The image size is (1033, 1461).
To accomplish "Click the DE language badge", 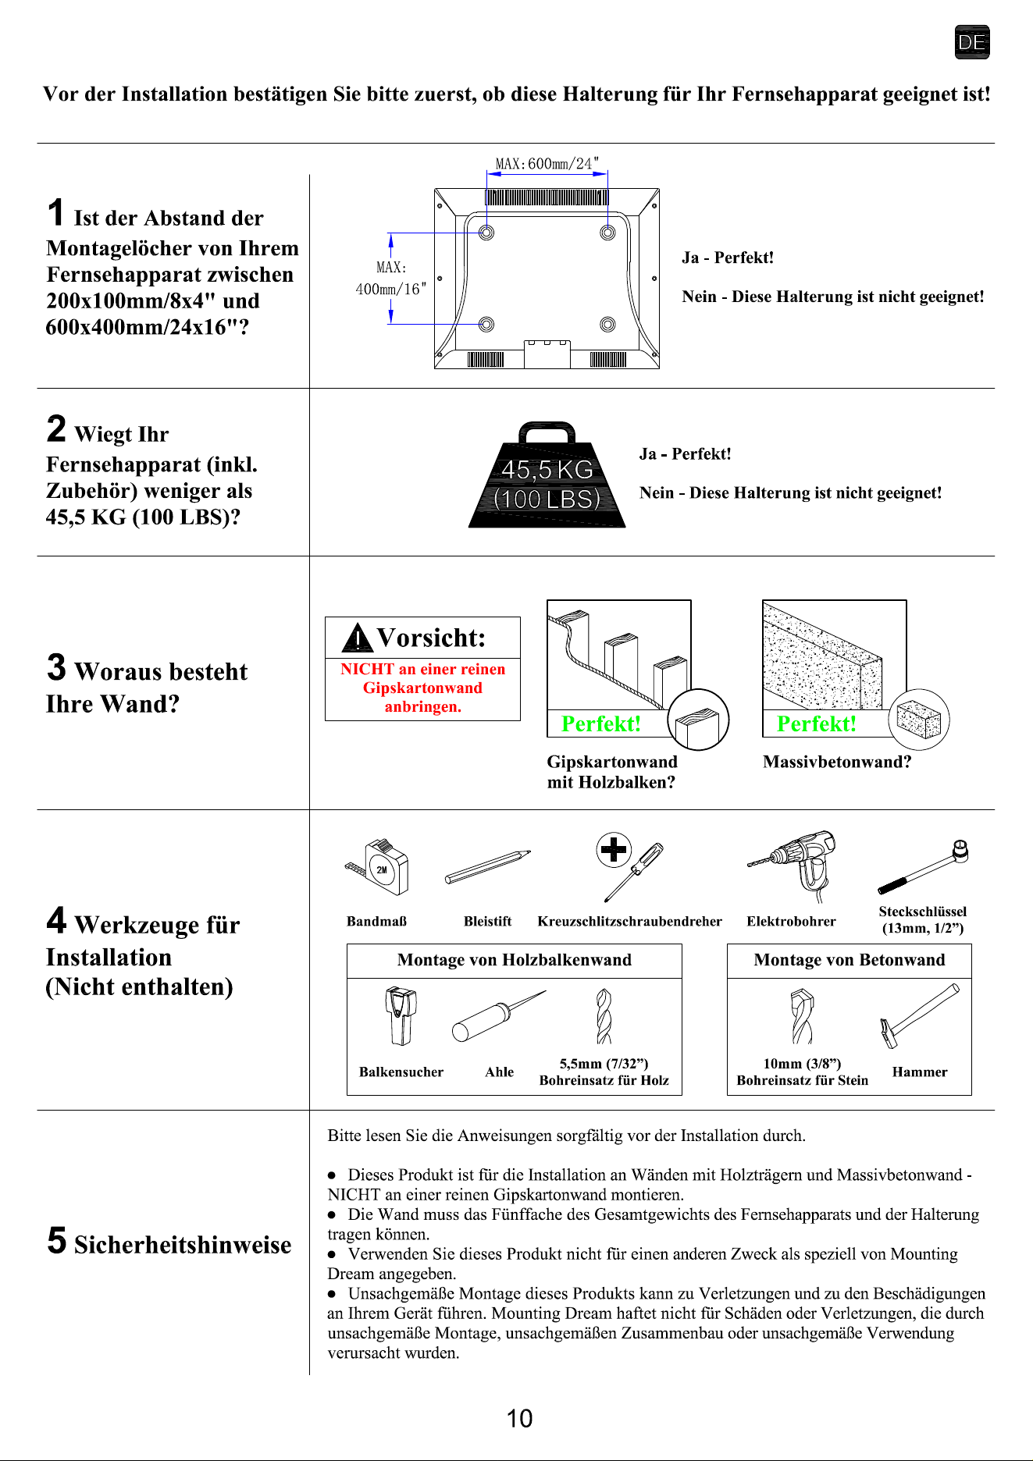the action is point(972,42).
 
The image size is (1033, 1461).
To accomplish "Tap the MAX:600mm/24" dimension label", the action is point(547,163).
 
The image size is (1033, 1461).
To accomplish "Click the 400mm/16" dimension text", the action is point(391,289).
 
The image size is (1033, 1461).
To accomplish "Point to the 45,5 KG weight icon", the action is point(547,475).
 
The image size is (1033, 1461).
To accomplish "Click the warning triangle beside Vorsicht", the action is point(357,638).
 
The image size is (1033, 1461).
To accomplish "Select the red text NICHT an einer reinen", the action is point(422,669).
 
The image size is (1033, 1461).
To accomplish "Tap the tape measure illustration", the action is point(378,867).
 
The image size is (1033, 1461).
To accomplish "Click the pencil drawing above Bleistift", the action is point(488,866).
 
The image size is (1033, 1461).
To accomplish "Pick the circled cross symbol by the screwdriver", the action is point(614,849).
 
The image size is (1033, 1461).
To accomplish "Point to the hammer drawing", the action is point(920,1015).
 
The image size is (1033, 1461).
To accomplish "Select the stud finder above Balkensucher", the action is point(401,1016).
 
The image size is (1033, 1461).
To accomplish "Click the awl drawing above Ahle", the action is point(499,1016).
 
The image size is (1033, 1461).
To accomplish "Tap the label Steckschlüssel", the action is point(923,911).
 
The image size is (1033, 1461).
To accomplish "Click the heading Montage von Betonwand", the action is point(850,960).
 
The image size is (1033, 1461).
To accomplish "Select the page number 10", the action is point(520,1418).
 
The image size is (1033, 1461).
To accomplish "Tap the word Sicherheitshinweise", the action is point(183,1244).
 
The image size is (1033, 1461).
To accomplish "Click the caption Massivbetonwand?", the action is point(837,762).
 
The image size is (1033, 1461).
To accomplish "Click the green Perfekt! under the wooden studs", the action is point(601,724).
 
